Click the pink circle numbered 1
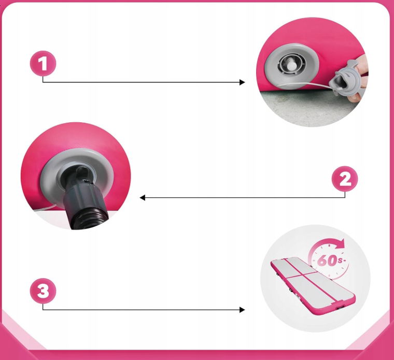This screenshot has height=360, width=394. pyautogui.click(x=43, y=63)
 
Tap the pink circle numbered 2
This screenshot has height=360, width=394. pyautogui.click(x=345, y=179)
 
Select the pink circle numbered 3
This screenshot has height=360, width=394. pyautogui.click(x=43, y=291)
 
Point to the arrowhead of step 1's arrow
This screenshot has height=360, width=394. pyautogui.click(x=242, y=82)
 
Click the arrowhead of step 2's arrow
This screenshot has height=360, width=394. pyautogui.click(x=143, y=198)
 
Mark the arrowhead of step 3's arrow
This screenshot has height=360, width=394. pyautogui.click(x=242, y=310)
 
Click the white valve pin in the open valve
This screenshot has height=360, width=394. pyautogui.click(x=292, y=65)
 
